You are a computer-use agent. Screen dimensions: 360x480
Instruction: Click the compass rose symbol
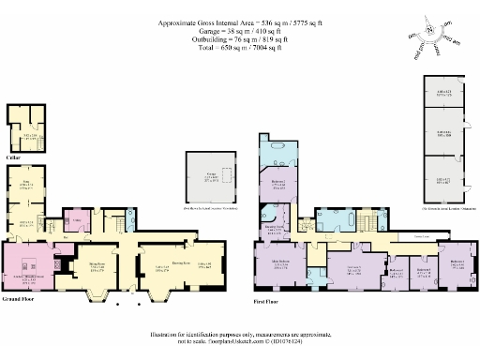(x=429, y=30)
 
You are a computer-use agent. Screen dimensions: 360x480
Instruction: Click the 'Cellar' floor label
(x=14, y=157)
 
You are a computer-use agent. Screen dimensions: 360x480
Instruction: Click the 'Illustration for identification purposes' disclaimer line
(x=240, y=334)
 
